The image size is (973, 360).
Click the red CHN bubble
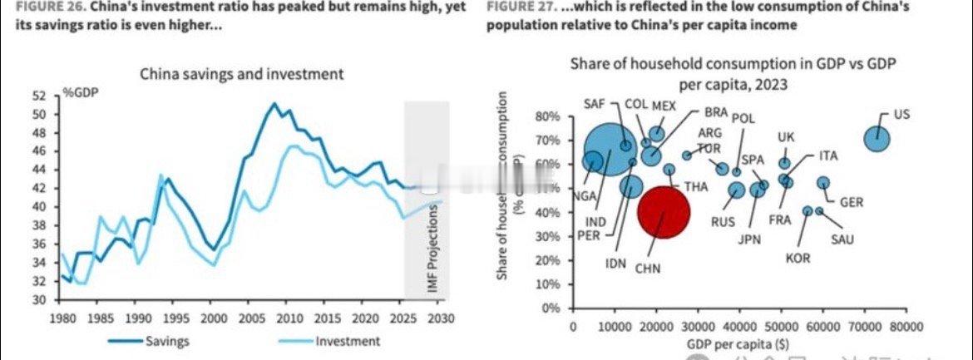tap(663, 211)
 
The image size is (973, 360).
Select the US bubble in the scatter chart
tap(877, 138)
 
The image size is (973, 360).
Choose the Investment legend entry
tap(347, 341)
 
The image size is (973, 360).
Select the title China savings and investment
tap(241, 74)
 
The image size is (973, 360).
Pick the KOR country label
tap(798, 259)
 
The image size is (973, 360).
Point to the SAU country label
tap(842, 240)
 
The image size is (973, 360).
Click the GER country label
tap(851, 202)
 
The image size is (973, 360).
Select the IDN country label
tap(616, 264)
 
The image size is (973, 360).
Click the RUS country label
tap(723, 222)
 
